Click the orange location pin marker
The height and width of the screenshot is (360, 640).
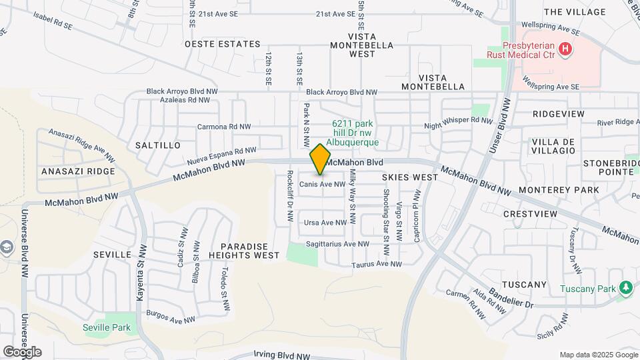coord(321,159)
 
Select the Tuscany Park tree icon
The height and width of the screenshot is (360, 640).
coord(625,288)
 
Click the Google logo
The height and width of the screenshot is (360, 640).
coord(22,351)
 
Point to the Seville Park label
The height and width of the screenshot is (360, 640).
coord(107,327)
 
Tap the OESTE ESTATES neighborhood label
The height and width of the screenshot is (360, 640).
coord(222,44)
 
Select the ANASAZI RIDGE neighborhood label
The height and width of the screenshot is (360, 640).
coord(78,171)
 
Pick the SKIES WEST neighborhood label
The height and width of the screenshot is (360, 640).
coord(410,177)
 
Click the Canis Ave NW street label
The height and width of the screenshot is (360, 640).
coord(323,184)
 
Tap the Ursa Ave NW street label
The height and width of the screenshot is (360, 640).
coord(325,223)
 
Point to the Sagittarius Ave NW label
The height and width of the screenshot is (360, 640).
coord(337,245)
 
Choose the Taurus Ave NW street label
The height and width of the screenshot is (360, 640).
coord(377,264)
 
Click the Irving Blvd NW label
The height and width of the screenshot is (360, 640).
coord(283,355)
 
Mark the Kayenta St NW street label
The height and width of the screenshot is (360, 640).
coord(141,273)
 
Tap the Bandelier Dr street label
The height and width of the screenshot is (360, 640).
coord(510,295)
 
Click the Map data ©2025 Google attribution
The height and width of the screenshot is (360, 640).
coord(597,354)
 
